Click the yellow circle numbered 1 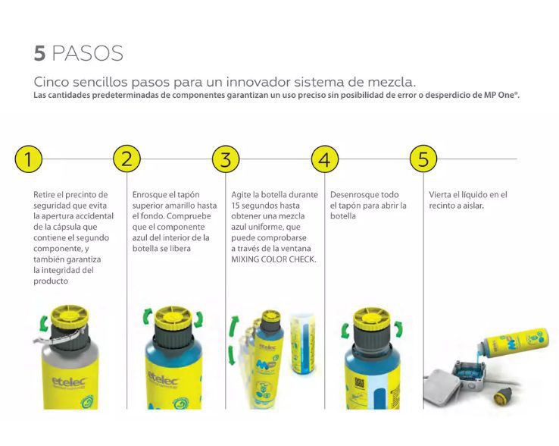[29, 159]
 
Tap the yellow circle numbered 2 [127, 159]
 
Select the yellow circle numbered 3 [226, 159]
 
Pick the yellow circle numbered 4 [325, 159]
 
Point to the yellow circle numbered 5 [423, 159]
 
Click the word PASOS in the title [88, 53]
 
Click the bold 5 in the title [39, 53]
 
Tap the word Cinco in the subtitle [51, 82]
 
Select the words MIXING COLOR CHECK [273, 259]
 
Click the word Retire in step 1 [44, 195]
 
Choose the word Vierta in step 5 [439, 195]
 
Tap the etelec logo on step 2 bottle [163, 378]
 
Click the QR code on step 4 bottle [359, 384]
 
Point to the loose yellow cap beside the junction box [501, 395]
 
